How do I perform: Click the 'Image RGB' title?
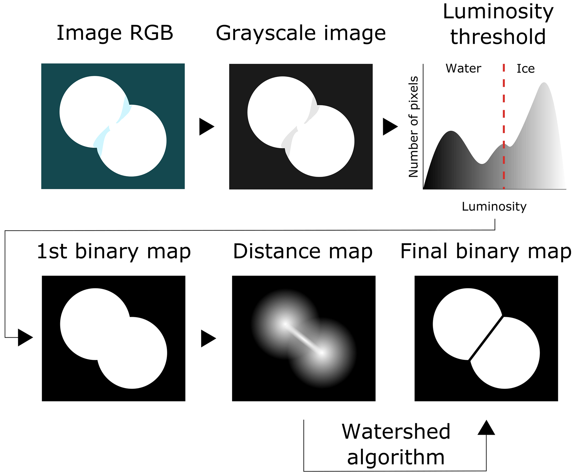(x=115, y=33)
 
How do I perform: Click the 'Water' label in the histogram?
(x=463, y=69)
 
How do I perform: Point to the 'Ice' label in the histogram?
(x=526, y=69)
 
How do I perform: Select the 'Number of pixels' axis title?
(x=413, y=127)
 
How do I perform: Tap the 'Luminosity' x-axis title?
(x=494, y=207)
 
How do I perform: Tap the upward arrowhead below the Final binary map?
(x=486, y=428)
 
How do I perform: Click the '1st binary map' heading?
(x=114, y=251)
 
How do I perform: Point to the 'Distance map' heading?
(x=303, y=251)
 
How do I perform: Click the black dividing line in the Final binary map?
(x=486, y=338)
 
